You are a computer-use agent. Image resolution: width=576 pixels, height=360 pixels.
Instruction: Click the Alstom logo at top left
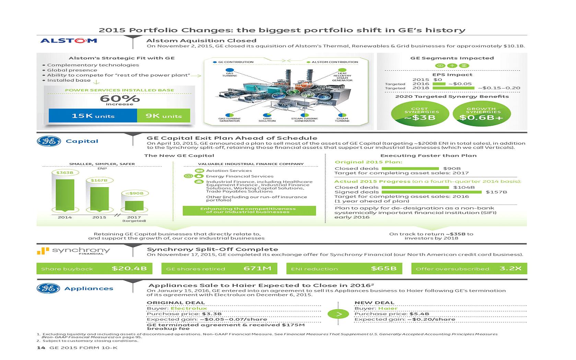[x=69, y=41]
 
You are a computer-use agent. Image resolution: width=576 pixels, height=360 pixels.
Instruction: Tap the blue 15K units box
[x=93, y=116]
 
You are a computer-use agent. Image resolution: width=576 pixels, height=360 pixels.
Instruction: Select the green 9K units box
[x=163, y=116]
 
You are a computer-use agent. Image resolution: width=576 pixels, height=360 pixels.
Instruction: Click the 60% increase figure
[x=120, y=99]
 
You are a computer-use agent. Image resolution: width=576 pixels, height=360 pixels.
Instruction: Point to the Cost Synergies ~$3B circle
[x=421, y=115]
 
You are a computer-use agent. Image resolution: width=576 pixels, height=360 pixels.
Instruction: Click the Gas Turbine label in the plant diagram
[x=230, y=74]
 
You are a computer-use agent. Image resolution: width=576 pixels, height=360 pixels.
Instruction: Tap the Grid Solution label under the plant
[x=267, y=120]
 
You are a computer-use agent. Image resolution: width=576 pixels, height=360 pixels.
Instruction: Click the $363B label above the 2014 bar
[x=64, y=172]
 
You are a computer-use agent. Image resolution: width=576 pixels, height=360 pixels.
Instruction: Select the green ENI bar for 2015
[x=99, y=199]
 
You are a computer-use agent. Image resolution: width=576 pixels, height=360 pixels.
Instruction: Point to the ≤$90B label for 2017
[x=134, y=193]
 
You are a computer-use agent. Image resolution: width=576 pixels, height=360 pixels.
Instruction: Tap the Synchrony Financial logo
[x=73, y=251]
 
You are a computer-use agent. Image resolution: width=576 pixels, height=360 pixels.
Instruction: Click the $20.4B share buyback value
[x=129, y=268]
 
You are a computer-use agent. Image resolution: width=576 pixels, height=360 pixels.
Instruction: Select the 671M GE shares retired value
[x=257, y=268]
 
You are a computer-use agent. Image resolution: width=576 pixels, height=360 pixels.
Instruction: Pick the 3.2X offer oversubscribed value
[x=510, y=268]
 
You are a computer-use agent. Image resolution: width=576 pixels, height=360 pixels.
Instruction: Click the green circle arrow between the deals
[x=338, y=314]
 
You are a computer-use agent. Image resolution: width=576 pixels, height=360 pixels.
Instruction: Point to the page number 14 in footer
[x=41, y=348]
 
